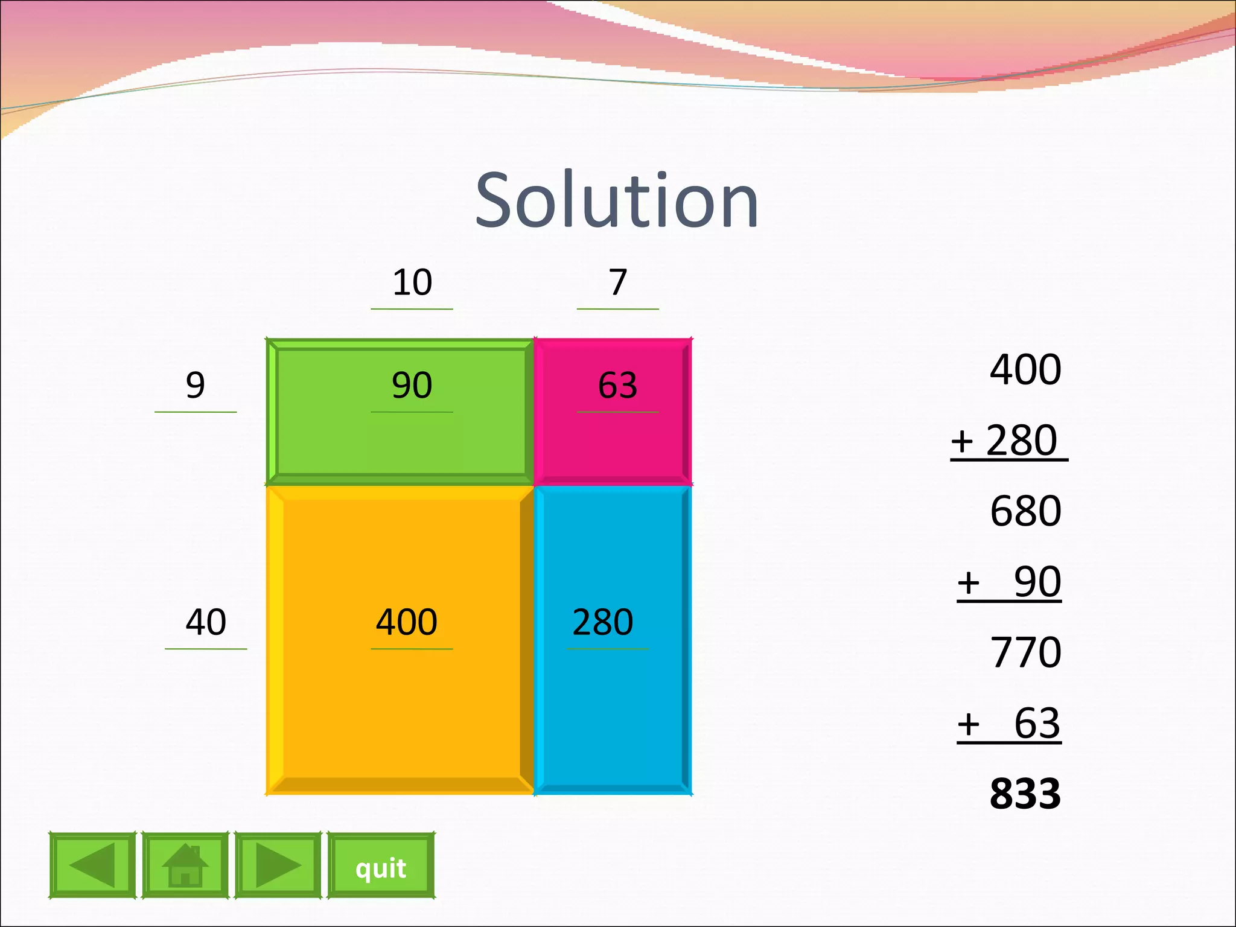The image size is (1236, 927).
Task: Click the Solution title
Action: pos(617,200)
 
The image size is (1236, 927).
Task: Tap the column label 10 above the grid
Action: pos(412,282)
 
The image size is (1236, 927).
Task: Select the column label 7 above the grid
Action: pos(617,282)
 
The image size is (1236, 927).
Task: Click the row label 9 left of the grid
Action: pos(195,385)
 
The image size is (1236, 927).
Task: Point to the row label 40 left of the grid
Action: pos(206,622)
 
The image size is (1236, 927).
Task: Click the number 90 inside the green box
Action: pos(412,385)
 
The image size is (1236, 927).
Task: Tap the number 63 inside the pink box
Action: pos(617,385)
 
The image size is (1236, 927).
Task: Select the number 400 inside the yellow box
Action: pos(407,622)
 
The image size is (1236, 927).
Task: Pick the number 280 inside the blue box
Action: pos(603,622)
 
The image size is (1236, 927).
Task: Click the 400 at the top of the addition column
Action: pos(1025,369)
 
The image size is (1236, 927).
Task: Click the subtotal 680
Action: pos(1025,511)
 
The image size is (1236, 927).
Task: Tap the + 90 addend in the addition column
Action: pos(1010,582)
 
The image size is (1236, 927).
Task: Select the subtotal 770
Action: pos(1025,652)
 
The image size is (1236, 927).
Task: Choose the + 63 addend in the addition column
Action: pos(1010,723)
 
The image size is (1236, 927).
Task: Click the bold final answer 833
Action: pos(1025,794)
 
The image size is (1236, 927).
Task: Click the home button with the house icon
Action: pos(185,865)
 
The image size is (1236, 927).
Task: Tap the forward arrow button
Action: pos(278,865)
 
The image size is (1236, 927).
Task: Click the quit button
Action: pos(381,865)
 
